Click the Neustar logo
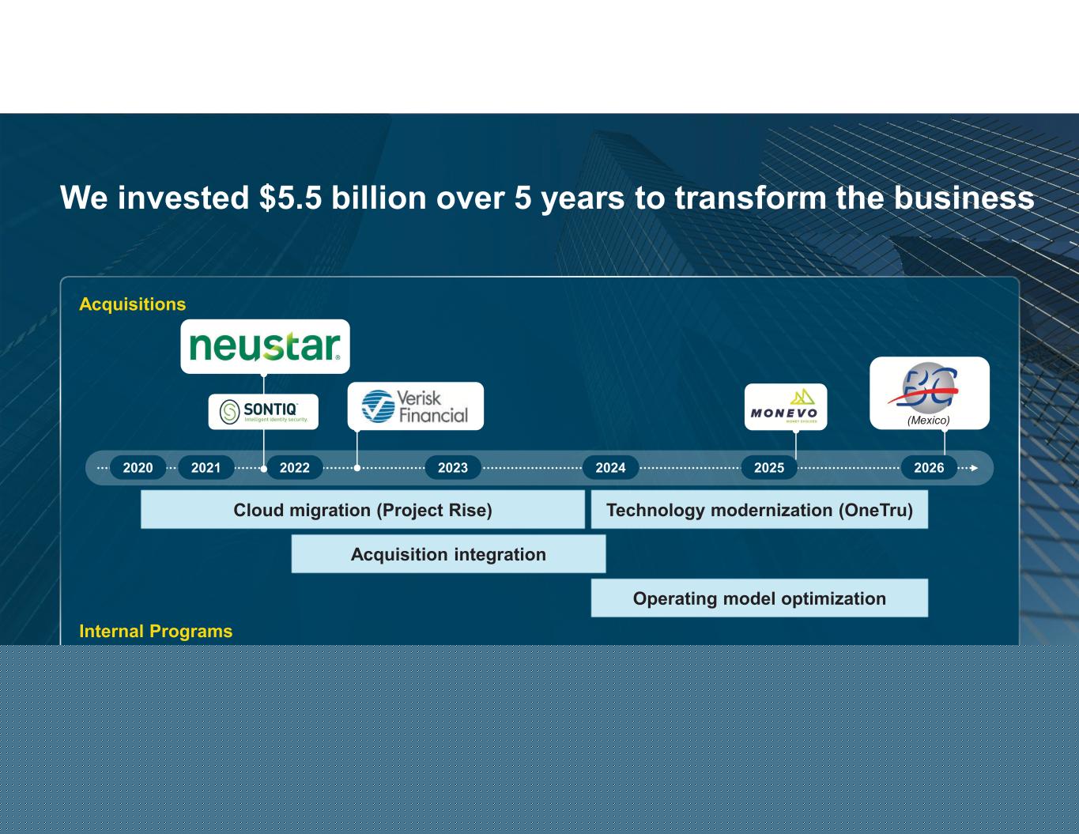pyautogui.click(x=265, y=346)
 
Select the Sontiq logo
pyautogui.click(x=263, y=412)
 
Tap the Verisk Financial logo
pyautogui.click(x=416, y=406)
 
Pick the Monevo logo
pyautogui.click(x=786, y=406)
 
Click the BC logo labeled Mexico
pyautogui.click(x=930, y=393)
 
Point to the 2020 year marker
pyautogui.click(x=138, y=468)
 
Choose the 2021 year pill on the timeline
pyautogui.click(x=206, y=468)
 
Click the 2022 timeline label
pyautogui.click(x=295, y=468)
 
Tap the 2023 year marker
pyautogui.click(x=453, y=468)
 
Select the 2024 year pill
pyautogui.click(x=611, y=468)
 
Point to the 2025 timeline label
pyautogui.click(x=769, y=468)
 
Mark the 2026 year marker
pyautogui.click(x=929, y=468)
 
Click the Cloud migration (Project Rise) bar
pyautogui.click(x=363, y=509)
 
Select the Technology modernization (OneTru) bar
pyautogui.click(x=760, y=509)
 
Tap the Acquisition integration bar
pyautogui.click(x=448, y=553)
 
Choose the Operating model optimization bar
pyautogui.click(x=760, y=598)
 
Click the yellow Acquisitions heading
pyautogui.click(x=133, y=304)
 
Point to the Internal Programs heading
pyautogui.click(x=156, y=631)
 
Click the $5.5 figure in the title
pyautogui.click(x=290, y=198)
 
